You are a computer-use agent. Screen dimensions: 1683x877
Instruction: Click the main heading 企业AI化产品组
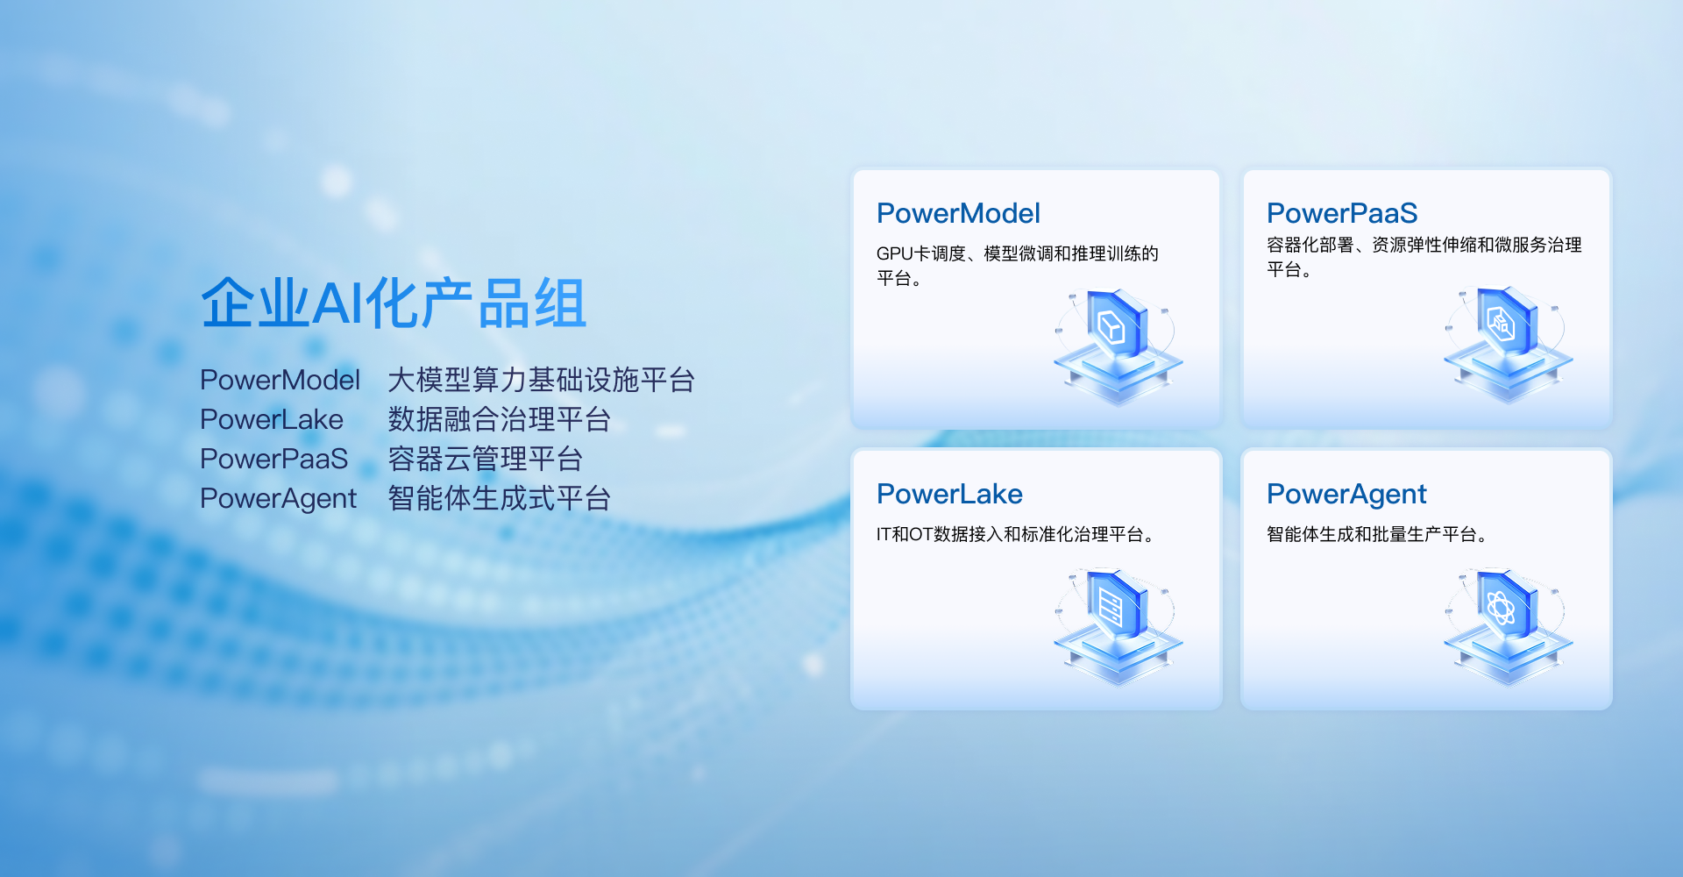tap(394, 303)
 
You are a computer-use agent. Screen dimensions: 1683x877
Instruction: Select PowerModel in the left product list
tap(280, 380)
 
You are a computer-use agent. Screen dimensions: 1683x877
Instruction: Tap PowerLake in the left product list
tap(272, 419)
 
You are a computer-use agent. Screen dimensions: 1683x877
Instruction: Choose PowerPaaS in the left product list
tap(274, 459)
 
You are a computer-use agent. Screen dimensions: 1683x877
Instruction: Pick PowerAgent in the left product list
tap(279, 499)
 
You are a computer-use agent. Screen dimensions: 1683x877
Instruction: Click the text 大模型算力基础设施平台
tap(542, 380)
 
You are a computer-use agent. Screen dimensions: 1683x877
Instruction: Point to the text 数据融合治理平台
tap(500, 419)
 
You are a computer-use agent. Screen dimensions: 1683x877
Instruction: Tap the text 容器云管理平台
tap(486, 459)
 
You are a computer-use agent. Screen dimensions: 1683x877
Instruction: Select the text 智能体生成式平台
tap(500, 498)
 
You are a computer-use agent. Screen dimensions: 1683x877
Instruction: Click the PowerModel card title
tap(958, 213)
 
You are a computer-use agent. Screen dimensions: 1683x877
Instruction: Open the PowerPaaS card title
tap(1342, 213)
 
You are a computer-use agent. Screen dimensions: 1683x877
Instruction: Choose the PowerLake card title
tap(949, 494)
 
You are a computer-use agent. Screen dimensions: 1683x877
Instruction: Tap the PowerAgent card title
tap(1346, 495)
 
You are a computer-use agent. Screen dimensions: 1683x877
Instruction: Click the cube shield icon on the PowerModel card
tap(1118, 346)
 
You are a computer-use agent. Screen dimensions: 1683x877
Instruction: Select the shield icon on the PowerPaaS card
tap(1508, 345)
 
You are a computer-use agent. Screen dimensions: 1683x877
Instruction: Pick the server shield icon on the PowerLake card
tap(1118, 627)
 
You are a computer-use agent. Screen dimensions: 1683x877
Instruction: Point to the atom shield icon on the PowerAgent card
tap(1508, 627)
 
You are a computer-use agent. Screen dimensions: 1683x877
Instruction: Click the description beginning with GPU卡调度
tap(1017, 266)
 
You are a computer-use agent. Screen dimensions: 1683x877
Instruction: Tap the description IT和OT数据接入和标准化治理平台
tap(1015, 534)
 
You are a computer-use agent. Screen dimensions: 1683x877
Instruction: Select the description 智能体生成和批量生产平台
tap(1377, 534)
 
